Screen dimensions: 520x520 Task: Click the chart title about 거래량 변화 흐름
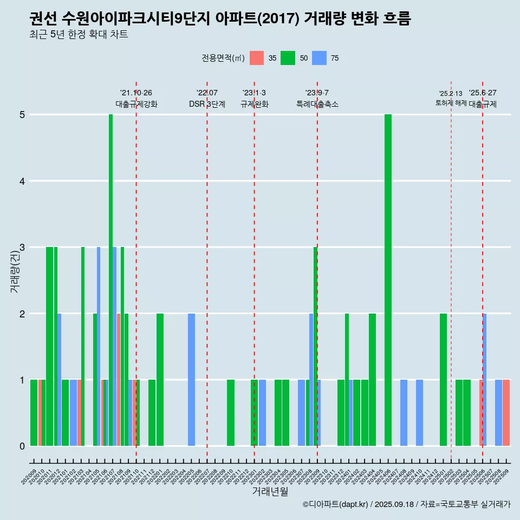click(220, 19)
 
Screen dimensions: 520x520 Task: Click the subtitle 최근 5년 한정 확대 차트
click(79, 35)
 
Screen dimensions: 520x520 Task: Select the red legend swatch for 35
click(257, 58)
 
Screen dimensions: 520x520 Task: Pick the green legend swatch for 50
click(288, 58)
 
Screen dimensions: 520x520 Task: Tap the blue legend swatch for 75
click(319, 58)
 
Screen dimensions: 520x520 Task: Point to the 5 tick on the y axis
click(22, 115)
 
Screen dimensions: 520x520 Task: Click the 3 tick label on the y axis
click(22, 248)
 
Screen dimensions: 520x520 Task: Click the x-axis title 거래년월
click(270, 491)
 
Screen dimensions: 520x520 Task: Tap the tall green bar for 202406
click(388, 280)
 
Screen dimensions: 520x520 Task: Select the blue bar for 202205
click(191, 380)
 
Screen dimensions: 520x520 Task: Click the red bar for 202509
click(506, 413)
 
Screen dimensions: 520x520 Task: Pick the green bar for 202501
click(443, 380)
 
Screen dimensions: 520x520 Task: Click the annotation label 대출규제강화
click(136, 104)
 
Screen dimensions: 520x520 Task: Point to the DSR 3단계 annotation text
click(207, 104)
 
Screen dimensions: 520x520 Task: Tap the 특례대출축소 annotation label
click(317, 104)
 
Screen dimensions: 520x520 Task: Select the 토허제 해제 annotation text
click(451, 103)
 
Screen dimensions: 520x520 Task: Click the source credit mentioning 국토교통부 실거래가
click(406, 504)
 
